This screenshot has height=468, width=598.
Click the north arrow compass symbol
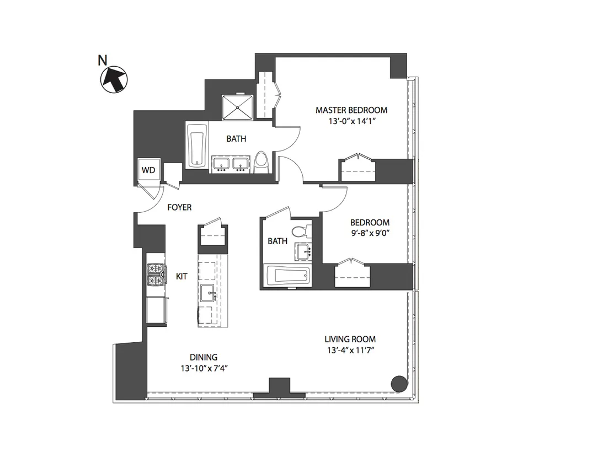pyautogui.click(x=114, y=79)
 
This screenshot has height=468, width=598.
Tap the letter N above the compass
pyautogui.click(x=102, y=60)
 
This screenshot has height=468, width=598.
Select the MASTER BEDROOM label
pyautogui.click(x=351, y=110)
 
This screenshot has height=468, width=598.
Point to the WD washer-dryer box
pyautogui.click(x=148, y=170)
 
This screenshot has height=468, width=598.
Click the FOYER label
pyautogui.click(x=179, y=207)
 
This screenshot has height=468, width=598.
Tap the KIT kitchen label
pyautogui.click(x=181, y=276)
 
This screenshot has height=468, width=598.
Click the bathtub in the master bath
pyautogui.click(x=196, y=146)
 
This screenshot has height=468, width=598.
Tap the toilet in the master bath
pyautogui.click(x=261, y=163)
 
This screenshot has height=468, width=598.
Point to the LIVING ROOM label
pyautogui.click(x=350, y=340)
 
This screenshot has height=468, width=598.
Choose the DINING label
pyautogui.click(x=204, y=357)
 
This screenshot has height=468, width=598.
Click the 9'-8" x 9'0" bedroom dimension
pyautogui.click(x=370, y=233)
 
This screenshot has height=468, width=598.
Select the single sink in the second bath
pyautogui.click(x=302, y=252)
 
